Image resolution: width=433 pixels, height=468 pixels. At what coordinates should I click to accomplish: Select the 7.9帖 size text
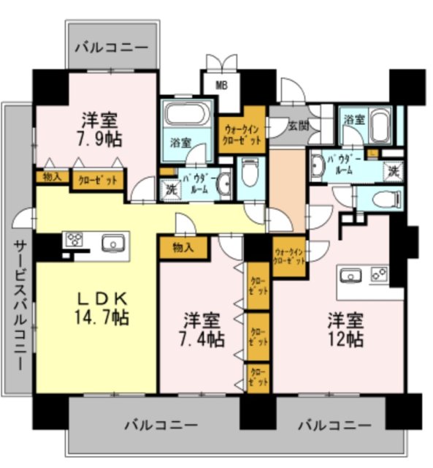click(101, 137)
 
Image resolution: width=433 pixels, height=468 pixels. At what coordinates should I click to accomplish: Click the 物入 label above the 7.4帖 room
click(183, 246)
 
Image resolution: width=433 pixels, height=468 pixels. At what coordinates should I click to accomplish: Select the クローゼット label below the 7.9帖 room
click(96, 178)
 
